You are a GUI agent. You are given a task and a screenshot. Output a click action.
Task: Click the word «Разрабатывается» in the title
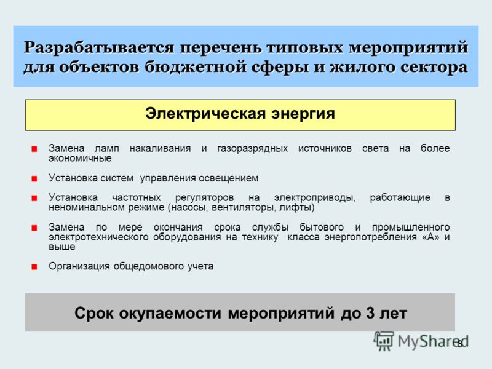point(99,48)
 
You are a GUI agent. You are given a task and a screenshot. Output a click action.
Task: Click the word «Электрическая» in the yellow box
point(205,114)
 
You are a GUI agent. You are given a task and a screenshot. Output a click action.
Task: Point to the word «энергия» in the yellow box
point(303,114)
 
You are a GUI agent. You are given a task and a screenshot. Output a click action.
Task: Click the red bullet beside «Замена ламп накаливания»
point(34,149)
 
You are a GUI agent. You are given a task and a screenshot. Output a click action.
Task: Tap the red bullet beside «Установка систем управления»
point(34,179)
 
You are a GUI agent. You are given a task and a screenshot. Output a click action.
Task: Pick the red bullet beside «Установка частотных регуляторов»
point(34,198)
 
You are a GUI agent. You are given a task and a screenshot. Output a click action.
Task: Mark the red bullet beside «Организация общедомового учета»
point(34,267)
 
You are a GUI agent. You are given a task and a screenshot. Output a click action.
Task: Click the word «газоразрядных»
point(252,149)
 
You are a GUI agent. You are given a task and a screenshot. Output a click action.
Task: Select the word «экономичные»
point(80,158)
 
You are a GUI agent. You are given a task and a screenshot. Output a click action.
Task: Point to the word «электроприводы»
point(315,198)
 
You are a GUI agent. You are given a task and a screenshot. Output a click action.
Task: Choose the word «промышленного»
point(411,227)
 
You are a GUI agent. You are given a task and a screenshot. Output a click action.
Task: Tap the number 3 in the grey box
point(370,313)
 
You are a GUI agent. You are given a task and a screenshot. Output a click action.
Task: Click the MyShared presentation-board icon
point(384,341)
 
